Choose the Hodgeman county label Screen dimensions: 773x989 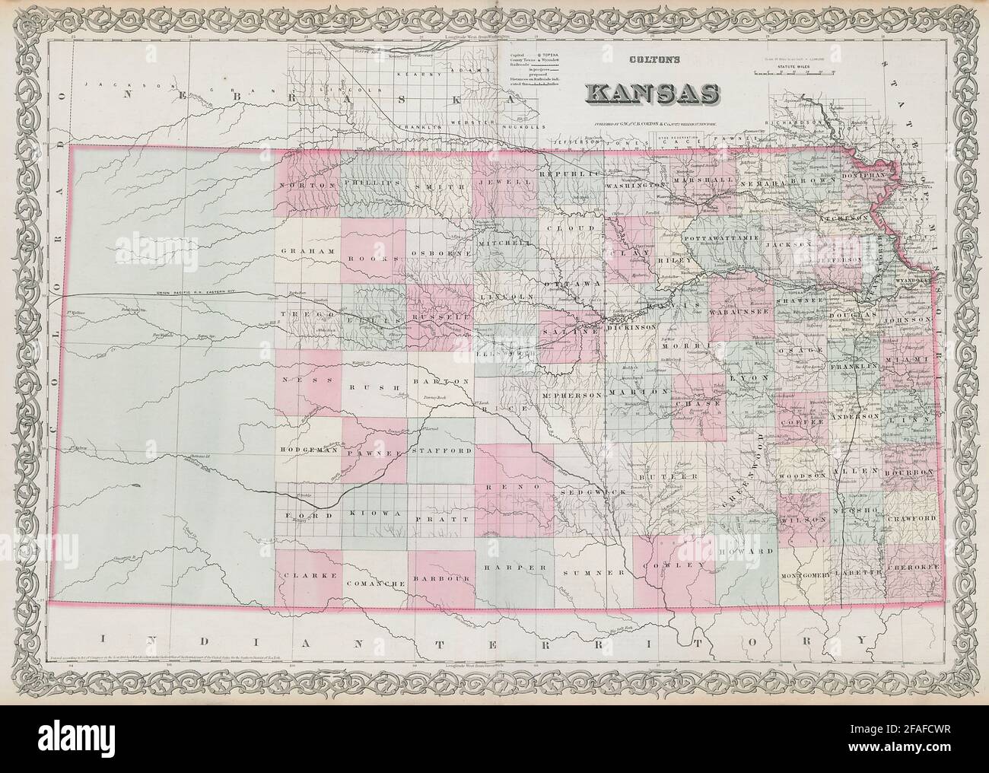coord(309,450)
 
